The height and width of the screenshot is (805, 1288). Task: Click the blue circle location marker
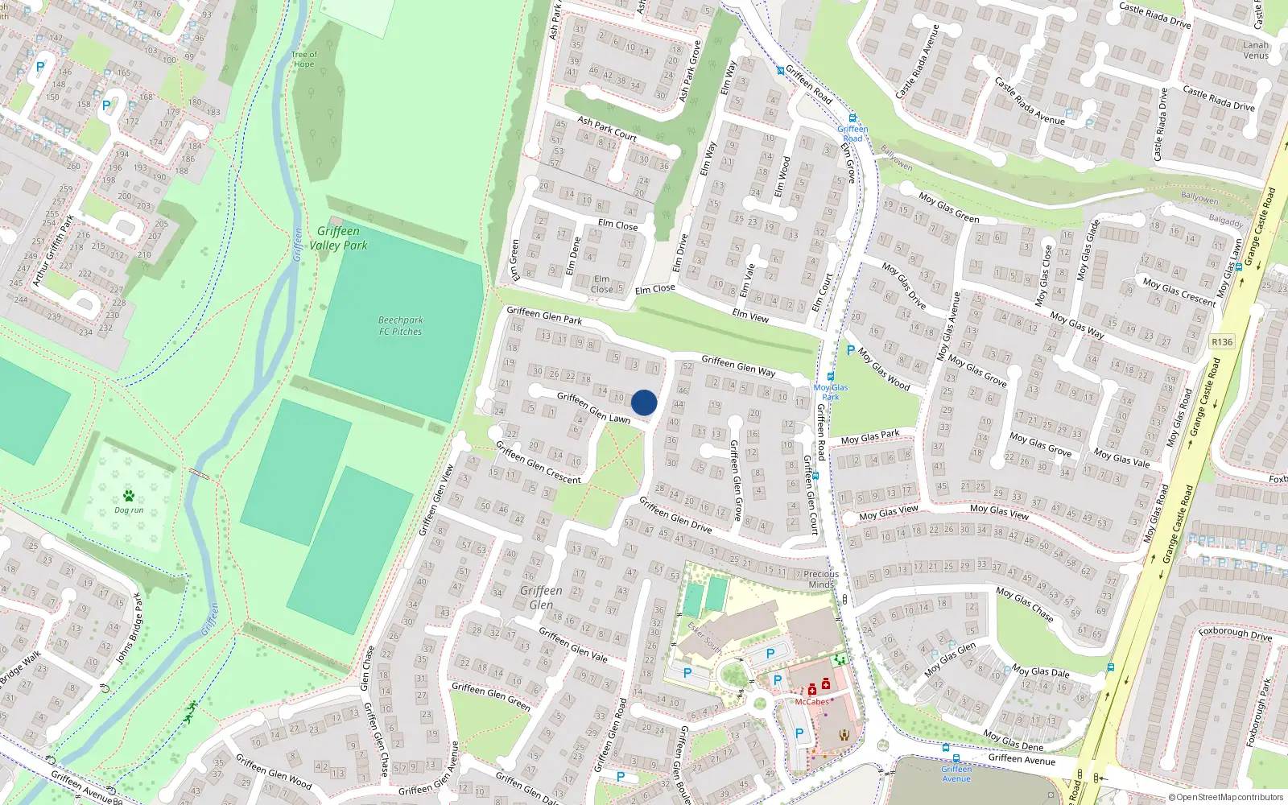tap(644, 402)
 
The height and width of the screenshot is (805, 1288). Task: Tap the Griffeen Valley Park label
tap(338, 238)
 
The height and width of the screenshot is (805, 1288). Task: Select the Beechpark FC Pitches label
tap(401, 325)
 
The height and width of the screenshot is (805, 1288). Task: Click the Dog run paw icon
tap(129, 496)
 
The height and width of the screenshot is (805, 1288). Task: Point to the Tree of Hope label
tap(304, 59)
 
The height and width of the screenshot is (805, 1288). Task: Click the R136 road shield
tap(1222, 342)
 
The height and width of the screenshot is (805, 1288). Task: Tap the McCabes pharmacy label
tap(811, 702)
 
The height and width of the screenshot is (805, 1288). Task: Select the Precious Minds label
tap(821, 579)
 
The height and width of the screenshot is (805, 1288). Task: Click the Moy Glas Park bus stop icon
tap(830, 377)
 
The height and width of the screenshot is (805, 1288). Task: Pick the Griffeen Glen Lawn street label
tap(593, 407)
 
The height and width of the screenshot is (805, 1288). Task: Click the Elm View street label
tap(750, 316)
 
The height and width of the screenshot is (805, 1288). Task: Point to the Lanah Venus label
tap(1256, 50)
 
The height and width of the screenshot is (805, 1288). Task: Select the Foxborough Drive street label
tap(1235, 633)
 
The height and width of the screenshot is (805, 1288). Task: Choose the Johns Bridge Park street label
tap(128, 629)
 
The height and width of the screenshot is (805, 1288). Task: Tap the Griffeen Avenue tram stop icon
tap(956, 758)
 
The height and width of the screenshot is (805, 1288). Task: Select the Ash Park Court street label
tap(607, 128)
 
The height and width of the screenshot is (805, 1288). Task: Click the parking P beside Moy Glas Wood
tap(850, 350)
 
